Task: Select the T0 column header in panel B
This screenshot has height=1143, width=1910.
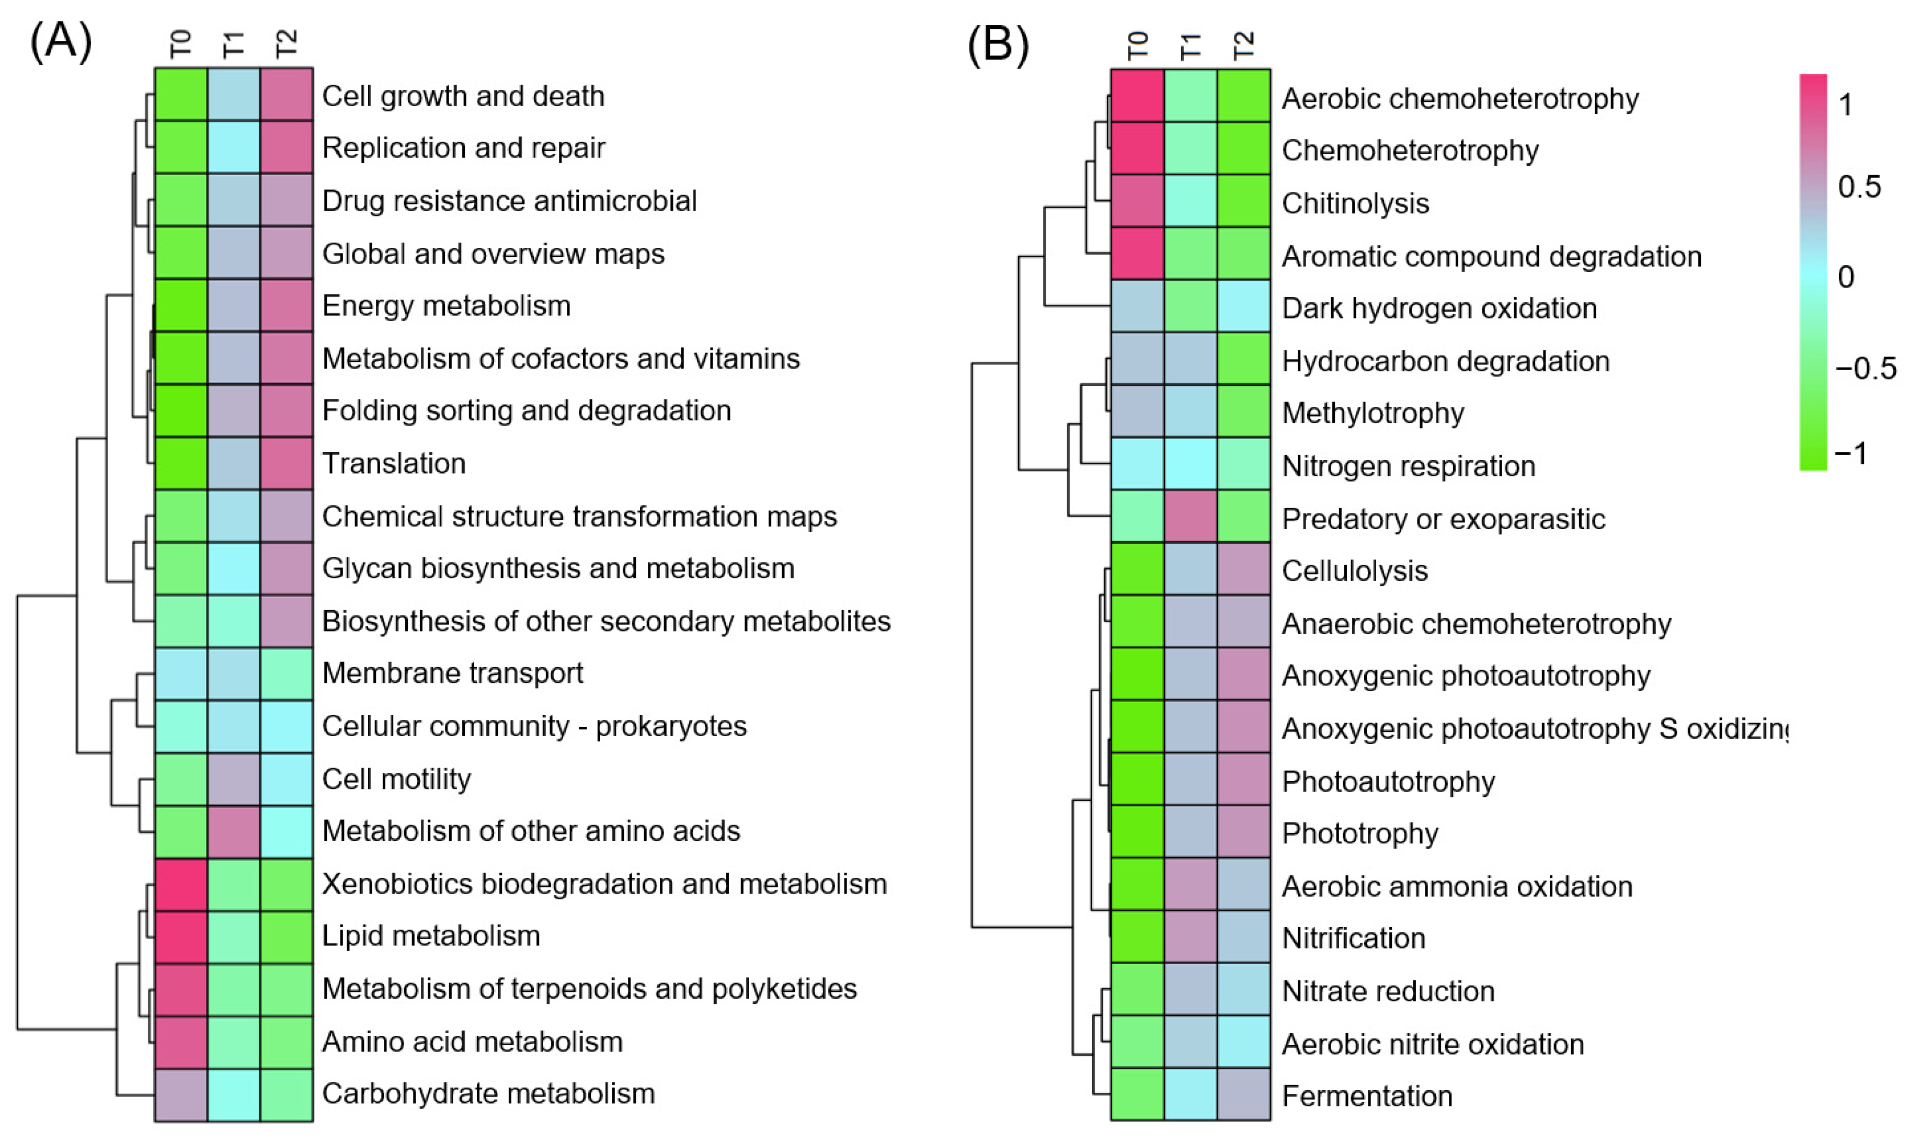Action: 1138,45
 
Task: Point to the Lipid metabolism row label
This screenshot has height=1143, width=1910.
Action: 430,936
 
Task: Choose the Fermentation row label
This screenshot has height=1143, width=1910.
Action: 1367,1096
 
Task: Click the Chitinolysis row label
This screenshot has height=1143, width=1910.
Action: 1355,203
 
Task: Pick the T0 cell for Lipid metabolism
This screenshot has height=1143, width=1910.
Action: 181,936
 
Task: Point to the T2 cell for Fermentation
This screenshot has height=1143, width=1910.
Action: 1244,1094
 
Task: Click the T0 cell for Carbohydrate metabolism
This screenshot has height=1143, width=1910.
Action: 181,1094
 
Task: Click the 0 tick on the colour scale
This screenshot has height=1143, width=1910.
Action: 1846,277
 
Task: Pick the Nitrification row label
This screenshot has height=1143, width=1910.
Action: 1353,938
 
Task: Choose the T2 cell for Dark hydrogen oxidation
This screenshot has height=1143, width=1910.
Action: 1244,306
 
